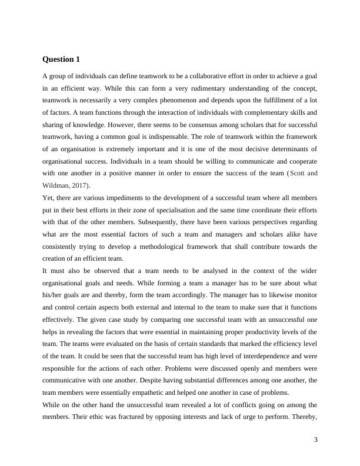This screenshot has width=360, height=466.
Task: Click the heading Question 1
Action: coord(61,59)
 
